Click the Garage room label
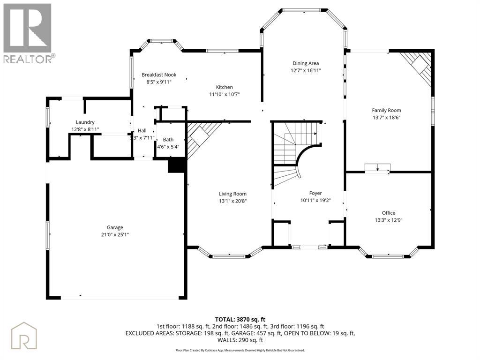115,227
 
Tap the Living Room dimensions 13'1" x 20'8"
232,201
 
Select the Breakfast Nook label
159,75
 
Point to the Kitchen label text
225,87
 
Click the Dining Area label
306,63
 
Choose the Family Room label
386,111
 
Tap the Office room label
389,213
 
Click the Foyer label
315,193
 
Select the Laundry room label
85,122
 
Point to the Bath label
168,140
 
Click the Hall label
142,130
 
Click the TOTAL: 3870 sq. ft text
240,320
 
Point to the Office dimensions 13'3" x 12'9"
389,220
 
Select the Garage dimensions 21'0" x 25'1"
115,235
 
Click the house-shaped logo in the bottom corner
24,336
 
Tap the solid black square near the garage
177,165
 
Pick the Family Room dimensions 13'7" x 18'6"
386,118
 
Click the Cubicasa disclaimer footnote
240,350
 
